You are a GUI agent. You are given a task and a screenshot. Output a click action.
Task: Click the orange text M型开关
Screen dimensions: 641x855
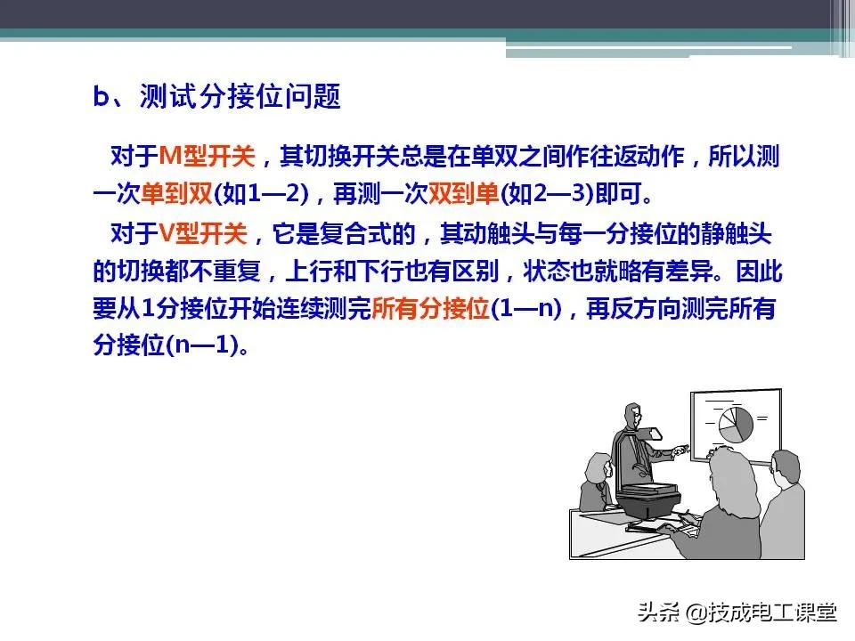pos(207,158)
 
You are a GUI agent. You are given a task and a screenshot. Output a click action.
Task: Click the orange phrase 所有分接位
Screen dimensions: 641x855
pos(430,310)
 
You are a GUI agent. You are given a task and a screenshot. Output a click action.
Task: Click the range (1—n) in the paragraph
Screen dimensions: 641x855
pos(526,310)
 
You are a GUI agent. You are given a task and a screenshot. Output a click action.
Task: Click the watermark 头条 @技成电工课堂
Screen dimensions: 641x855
pos(737,612)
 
